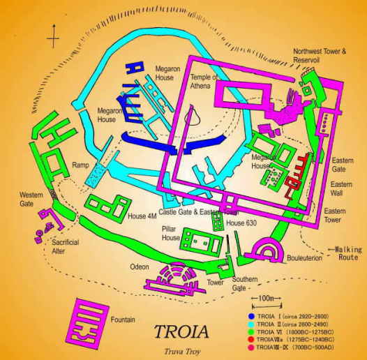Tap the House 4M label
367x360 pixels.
pos(142,216)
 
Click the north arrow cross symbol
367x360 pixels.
pos(55,33)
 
